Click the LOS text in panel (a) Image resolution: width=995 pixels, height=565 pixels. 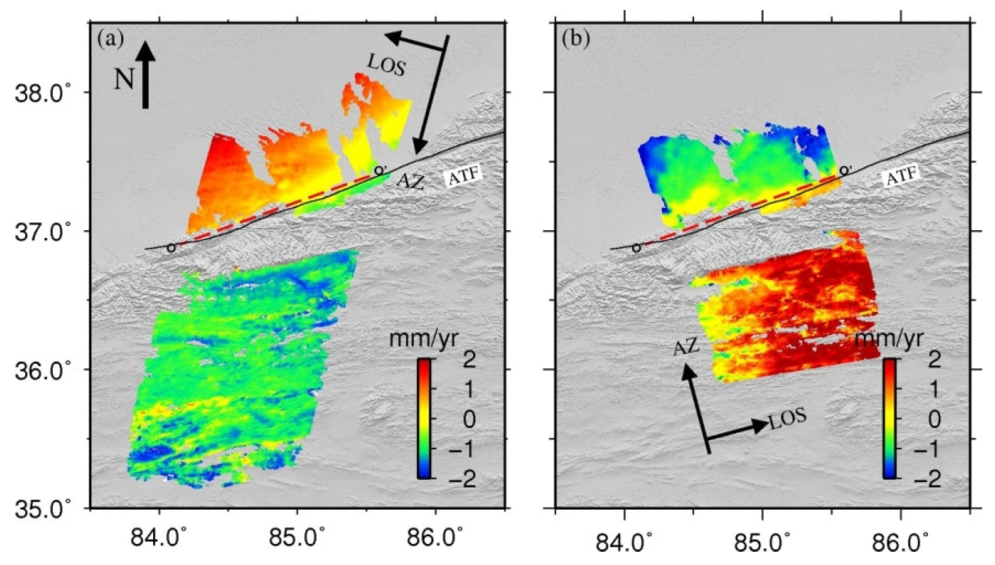(387, 67)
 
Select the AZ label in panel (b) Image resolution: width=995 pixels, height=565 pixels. (687, 346)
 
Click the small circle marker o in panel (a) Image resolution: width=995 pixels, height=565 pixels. (171, 248)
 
